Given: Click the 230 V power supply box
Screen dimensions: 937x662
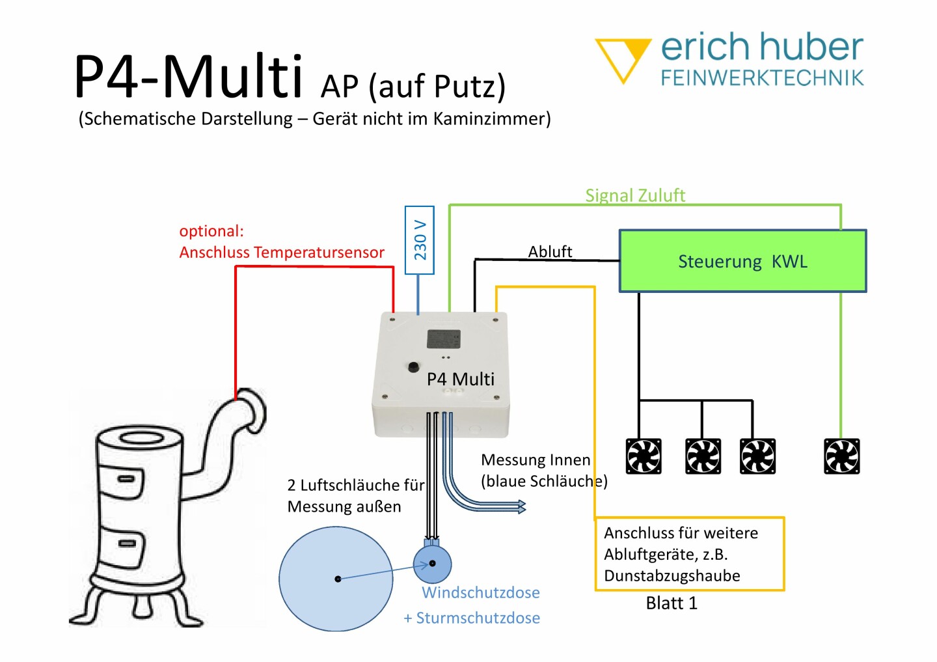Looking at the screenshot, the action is click(419, 240).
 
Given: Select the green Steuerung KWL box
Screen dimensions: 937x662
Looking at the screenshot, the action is click(742, 260).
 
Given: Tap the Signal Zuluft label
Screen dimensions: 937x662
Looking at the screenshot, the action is click(635, 195).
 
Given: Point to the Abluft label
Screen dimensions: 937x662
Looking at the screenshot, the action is click(550, 251).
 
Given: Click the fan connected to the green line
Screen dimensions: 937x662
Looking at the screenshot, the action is click(841, 456).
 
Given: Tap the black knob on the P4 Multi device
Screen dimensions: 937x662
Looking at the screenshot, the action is click(413, 367).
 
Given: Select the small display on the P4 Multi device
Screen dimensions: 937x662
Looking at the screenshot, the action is click(443, 339).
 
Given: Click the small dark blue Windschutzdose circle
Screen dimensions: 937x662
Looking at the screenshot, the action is click(432, 564).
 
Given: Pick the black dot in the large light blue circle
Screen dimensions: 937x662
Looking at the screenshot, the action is click(338, 579).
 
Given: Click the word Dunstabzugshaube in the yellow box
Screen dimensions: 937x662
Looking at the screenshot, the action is click(672, 576).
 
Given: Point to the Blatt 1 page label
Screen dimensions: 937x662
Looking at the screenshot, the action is click(672, 603).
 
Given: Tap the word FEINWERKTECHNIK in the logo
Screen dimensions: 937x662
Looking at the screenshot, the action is click(762, 78).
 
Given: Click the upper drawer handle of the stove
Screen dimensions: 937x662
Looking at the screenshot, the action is click(126, 479).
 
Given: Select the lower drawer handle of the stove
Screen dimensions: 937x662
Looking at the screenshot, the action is click(127, 544).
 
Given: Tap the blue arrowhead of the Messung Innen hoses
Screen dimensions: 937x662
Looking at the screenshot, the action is click(522, 506).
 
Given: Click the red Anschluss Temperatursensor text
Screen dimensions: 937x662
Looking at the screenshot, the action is click(282, 253).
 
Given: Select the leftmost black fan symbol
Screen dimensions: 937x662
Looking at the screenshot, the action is click(644, 456).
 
